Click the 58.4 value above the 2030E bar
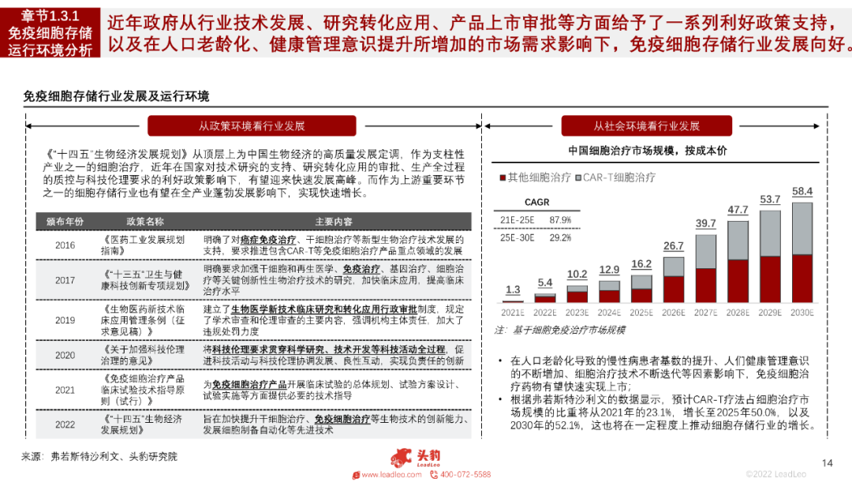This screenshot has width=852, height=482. click(802, 192)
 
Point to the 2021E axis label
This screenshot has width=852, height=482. click(513, 312)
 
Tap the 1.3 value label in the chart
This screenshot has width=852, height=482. click(513, 290)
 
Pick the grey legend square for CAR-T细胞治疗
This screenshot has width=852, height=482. click(578, 178)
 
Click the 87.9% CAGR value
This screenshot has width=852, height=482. click(560, 219)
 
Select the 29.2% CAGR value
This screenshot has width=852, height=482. click(560, 237)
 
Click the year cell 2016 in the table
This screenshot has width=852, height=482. click(65, 245)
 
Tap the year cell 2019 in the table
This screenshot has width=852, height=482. click(65, 320)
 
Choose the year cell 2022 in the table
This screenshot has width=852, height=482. click(65, 424)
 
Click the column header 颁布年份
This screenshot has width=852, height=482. click(65, 222)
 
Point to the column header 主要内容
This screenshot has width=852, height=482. click(334, 222)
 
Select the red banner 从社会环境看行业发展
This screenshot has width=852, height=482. click(647, 126)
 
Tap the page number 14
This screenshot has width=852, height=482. click(828, 463)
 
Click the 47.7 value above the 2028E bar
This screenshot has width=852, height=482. click(738, 210)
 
